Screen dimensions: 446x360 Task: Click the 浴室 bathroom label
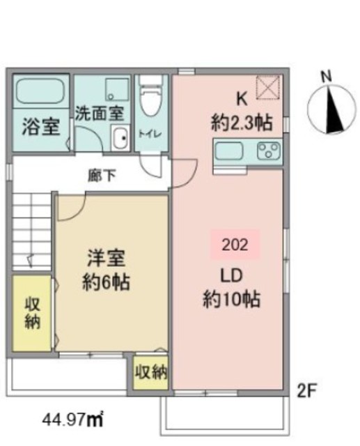(36, 128)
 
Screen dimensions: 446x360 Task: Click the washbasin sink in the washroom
(120, 138)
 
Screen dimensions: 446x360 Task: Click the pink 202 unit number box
(235, 245)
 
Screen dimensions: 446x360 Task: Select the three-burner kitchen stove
(268, 150)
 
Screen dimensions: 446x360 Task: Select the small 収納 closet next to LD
(151, 371)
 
